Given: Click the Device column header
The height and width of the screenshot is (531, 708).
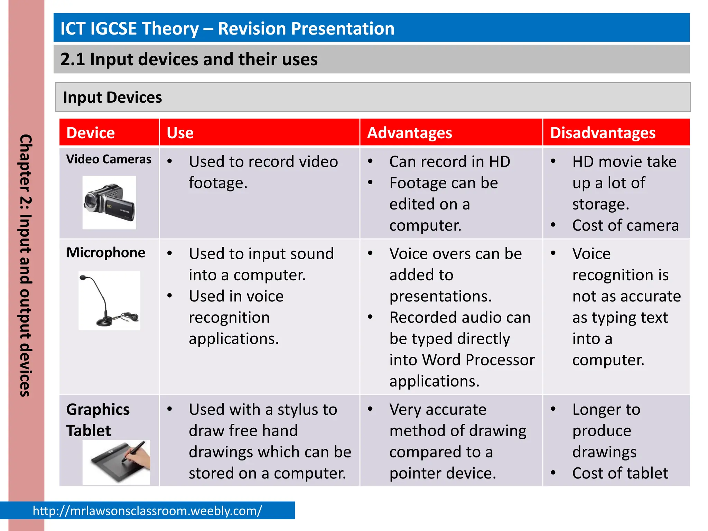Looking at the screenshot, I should coord(91,133).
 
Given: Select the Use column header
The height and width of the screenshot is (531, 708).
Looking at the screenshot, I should coord(180,133).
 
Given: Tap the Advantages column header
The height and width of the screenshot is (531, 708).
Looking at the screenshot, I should coord(409,133).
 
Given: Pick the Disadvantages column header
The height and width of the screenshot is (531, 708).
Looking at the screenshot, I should coord(603,133).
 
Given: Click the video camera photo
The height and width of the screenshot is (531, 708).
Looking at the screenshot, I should coord(109,203).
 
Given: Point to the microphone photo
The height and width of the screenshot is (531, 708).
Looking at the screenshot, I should coord(109,300).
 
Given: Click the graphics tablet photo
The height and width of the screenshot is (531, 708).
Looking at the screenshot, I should coord(117,462).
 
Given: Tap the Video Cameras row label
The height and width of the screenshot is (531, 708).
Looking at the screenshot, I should coord(109,159).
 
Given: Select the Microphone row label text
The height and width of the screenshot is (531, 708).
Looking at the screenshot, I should coord(105,253).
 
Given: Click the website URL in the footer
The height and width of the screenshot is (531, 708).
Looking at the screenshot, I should coord(147,511).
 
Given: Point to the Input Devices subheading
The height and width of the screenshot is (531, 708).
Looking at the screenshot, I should coord(112,97).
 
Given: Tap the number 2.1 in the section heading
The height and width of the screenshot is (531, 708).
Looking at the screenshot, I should coord(72,59).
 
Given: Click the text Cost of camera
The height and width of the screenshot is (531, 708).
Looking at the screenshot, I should coord(625,225).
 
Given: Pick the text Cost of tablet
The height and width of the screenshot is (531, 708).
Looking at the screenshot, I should coord(620,473).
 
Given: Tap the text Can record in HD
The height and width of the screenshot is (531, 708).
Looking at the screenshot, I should coord(449,162).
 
